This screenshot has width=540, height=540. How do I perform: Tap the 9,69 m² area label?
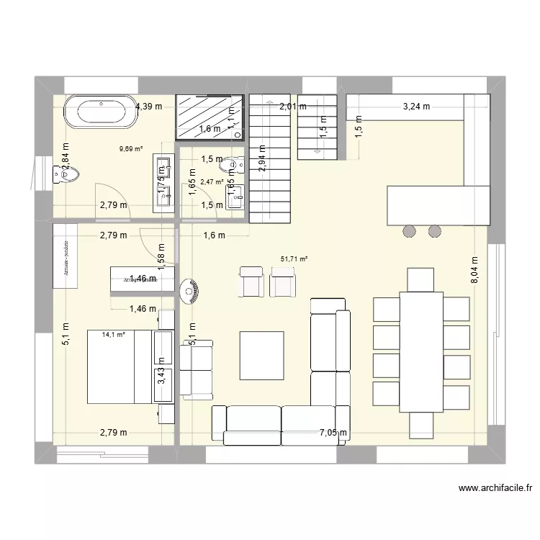click(x=131, y=150)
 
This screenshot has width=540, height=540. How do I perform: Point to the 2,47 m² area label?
click(x=211, y=182)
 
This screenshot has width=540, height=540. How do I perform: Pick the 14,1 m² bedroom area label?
click(x=114, y=334)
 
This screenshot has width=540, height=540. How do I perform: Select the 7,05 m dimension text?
click(x=334, y=433)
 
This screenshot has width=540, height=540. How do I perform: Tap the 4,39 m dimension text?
click(x=149, y=107)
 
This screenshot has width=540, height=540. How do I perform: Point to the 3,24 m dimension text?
click(x=416, y=107)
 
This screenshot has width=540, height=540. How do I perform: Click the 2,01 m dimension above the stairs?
click(x=292, y=107)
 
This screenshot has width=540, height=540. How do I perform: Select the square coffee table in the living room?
click(x=261, y=354)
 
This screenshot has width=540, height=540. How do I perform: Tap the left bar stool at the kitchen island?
click(x=409, y=231)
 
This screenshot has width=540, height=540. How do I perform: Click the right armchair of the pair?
click(x=283, y=281)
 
